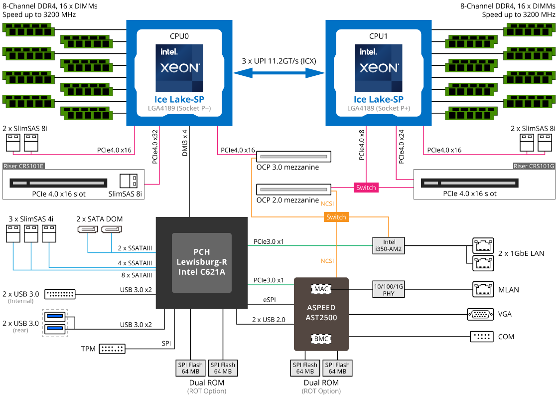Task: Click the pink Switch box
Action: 366,188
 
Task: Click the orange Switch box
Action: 336,217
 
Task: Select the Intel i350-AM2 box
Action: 389,245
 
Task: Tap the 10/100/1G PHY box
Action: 389,290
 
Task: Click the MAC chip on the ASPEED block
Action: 321,288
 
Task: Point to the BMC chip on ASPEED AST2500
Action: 321,339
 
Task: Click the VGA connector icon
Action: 480,314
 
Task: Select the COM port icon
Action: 481,337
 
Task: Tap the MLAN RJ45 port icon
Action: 482,289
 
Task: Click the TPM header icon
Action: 113,349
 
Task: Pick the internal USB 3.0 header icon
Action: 60,294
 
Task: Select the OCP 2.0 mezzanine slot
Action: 293,190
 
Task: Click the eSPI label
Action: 270,300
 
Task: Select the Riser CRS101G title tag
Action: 534,166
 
